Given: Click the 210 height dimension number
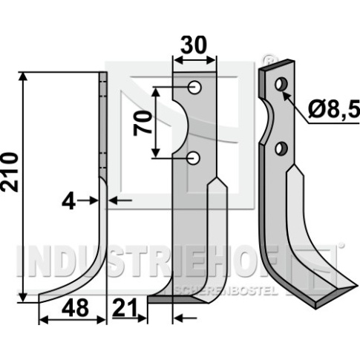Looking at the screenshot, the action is [x=9, y=172].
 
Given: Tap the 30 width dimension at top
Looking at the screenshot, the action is [x=193, y=45].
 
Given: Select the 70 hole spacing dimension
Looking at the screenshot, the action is [x=143, y=123].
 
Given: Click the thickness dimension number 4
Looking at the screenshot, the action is [x=68, y=201].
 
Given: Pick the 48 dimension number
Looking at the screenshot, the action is [x=76, y=308].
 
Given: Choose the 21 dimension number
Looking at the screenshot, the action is [x=124, y=307].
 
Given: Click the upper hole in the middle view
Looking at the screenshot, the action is [x=194, y=88].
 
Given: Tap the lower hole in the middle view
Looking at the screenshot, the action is [x=194, y=158].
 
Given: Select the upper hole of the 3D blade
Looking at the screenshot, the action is [x=281, y=84].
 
